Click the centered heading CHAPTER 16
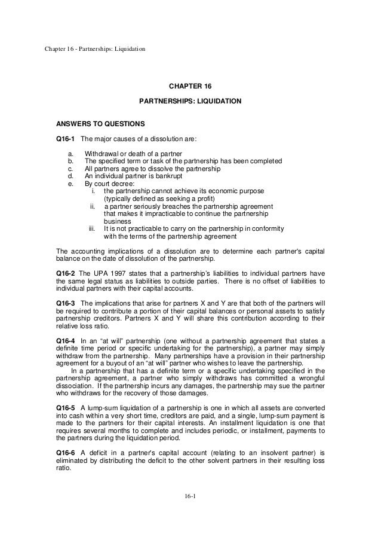(x=190, y=87)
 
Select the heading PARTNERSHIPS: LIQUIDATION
(x=190, y=102)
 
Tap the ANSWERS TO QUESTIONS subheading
(x=100, y=125)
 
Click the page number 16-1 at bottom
(x=190, y=512)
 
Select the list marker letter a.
(x=71, y=154)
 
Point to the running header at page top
(x=95, y=48)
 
